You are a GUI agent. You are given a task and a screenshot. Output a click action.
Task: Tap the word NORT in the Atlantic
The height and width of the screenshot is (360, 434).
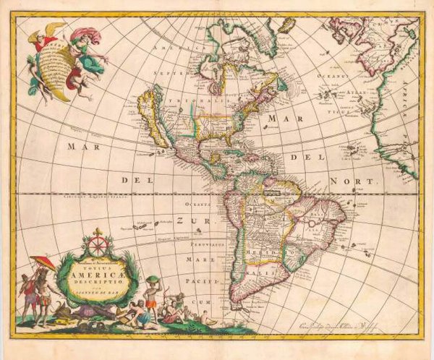coord(365,183)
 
